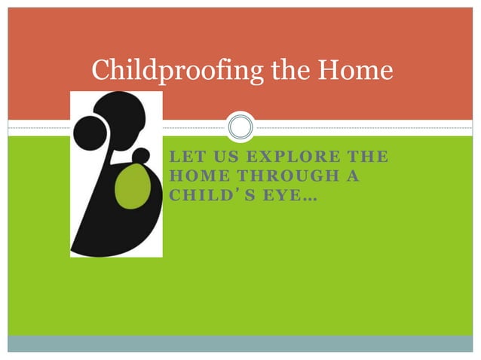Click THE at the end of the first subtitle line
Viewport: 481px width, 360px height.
click(x=365, y=157)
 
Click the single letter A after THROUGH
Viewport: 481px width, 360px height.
click(x=353, y=176)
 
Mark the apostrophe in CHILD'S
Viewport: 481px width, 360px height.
click(x=234, y=191)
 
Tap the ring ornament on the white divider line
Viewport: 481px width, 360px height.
click(x=240, y=127)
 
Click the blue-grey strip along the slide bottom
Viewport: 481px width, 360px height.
click(x=240, y=343)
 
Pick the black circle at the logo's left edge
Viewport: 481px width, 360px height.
click(x=88, y=133)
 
